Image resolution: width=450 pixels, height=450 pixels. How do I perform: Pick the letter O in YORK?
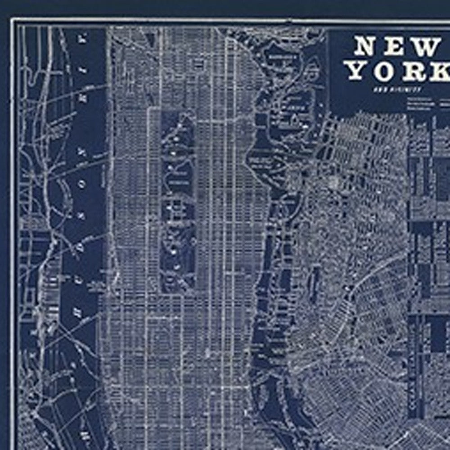click(x=388, y=72)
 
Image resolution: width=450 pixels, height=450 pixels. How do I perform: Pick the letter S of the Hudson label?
click(x=81, y=216)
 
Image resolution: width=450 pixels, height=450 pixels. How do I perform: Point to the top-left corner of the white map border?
click(x=13, y=20)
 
